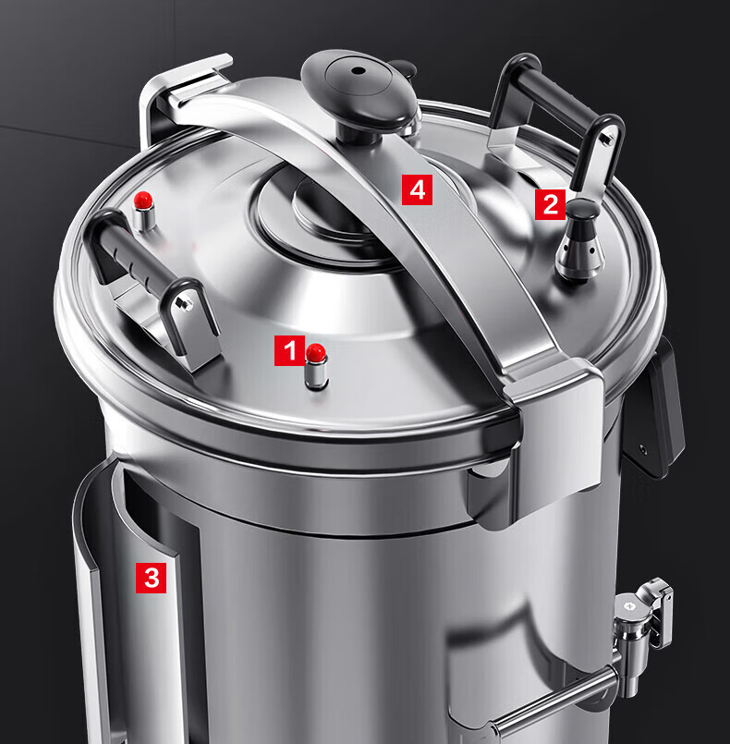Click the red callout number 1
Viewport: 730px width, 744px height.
pos(289,350)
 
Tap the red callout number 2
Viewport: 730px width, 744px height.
pos(550,204)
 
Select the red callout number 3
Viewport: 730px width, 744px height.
pos(152,578)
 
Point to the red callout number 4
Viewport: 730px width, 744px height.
pos(417,189)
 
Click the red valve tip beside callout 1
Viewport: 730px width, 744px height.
pos(316,352)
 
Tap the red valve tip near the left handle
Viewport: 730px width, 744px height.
pos(143,200)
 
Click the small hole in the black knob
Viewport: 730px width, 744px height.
pos(359,70)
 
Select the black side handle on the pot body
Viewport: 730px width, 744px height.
pos(653,409)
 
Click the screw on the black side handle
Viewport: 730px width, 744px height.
pos(644,448)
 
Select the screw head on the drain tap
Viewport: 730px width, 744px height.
pos(629,606)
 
